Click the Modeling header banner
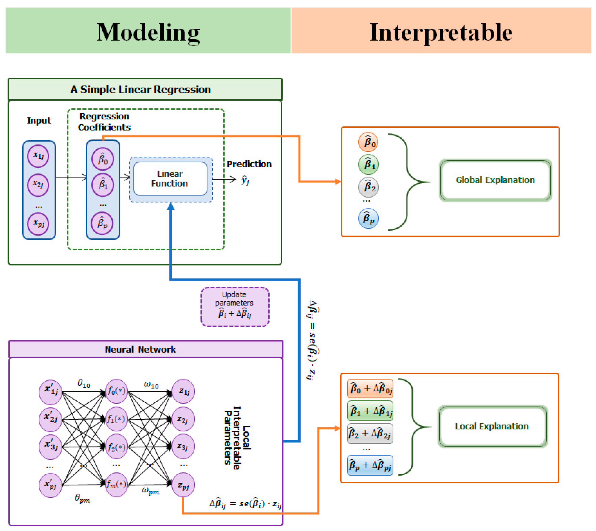click(148, 30)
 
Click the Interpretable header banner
click(441, 30)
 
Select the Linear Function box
click(170, 179)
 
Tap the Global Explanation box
click(495, 180)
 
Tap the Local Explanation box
click(492, 426)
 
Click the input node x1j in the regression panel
click(38, 156)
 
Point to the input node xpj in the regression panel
click(38, 224)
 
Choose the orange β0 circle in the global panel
click(368, 142)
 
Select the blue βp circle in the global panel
click(368, 218)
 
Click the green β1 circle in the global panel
click(368, 164)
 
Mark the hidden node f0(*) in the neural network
click(116, 391)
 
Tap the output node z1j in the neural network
click(183, 391)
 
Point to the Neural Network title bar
click(146, 349)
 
